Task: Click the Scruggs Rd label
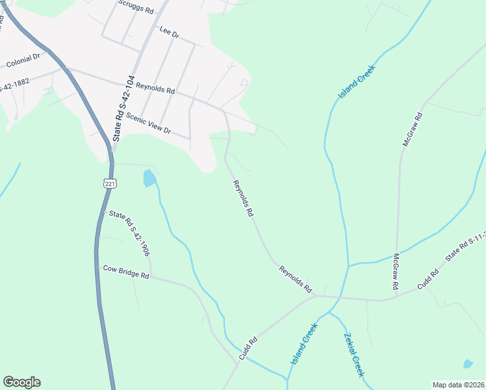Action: [136, 7]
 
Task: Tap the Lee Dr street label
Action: [169, 32]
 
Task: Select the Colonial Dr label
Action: [23, 61]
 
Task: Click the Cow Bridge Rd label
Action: [126, 272]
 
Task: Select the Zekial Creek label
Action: [353, 355]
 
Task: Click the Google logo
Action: [21, 382]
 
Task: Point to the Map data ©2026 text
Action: [458, 385]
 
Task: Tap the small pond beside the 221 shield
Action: [149, 177]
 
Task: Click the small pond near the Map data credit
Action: [468, 364]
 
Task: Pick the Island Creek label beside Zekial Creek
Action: [303, 344]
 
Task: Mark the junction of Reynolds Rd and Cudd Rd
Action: [315, 297]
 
